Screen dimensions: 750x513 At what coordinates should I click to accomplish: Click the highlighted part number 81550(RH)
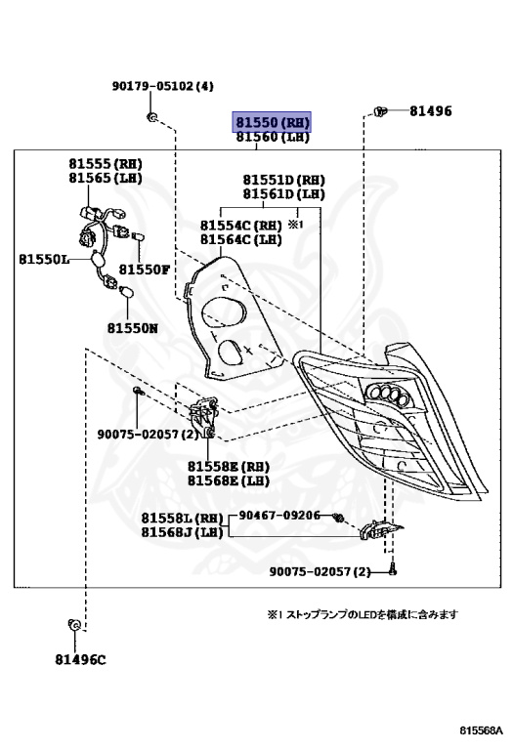272,122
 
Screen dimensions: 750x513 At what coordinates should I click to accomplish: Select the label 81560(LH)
272,138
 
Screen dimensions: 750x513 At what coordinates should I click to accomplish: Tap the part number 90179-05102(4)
160,86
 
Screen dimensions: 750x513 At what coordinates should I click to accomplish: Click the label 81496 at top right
430,111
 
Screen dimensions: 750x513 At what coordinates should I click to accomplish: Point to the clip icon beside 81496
382,112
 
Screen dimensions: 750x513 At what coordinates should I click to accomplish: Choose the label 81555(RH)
105,164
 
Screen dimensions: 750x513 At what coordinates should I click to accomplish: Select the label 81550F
145,269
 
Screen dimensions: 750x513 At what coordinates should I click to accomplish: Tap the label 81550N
132,328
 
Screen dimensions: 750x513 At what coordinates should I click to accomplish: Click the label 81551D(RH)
284,180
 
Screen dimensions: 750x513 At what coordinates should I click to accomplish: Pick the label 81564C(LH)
240,238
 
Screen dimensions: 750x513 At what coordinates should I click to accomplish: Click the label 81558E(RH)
229,466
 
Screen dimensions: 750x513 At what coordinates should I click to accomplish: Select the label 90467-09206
278,515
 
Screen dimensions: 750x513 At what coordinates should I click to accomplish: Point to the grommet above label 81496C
72,623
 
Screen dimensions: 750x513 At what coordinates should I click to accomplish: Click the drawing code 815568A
482,729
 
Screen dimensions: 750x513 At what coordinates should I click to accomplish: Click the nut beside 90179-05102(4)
152,118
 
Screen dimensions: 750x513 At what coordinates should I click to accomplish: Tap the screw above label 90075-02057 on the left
137,392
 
